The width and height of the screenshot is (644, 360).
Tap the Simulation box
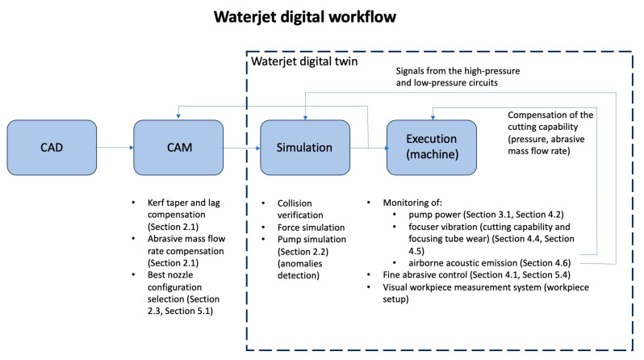click(304, 148)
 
